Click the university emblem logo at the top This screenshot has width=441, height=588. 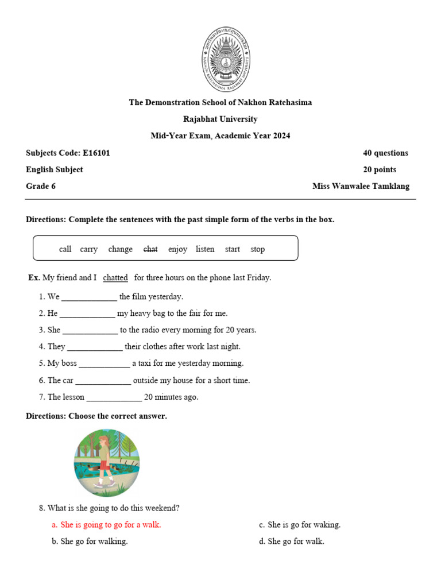[225, 59]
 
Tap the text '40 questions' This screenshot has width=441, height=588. [385, 153]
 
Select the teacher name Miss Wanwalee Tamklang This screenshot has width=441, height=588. [361, 186]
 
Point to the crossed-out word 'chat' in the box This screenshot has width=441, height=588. [150, 249]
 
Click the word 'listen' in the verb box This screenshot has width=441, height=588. [205, 249]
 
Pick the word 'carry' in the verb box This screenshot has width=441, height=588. [89, 249]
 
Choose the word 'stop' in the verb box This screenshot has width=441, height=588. [258, 249]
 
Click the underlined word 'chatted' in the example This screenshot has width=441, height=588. [115, 278]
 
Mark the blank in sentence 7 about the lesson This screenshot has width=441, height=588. [114, 398]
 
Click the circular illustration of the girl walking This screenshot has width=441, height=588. [107, 463]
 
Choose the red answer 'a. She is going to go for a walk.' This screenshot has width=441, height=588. [106, 525]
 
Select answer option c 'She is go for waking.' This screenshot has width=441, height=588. [300, 525]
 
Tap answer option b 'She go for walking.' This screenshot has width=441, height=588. [90, 541]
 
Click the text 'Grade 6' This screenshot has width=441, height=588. [41, 186]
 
